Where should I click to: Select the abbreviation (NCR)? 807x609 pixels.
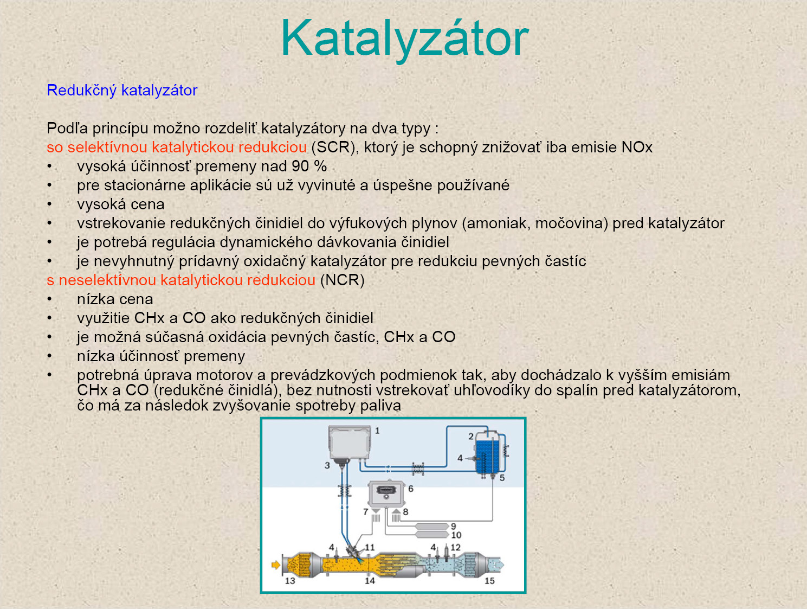tap(343, 280)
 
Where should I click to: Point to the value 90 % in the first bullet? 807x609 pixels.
tap(309, 166)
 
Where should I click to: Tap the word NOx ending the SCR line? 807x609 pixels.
tap(637, 147)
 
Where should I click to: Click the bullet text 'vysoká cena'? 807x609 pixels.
tap(121, 204)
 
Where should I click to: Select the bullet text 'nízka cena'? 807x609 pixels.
tap(115, 299)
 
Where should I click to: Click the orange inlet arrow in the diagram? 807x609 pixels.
tap(276, 565)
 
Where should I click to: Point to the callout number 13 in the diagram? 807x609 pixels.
tap(290, 581)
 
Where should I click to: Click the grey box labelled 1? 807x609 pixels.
tap(349, 443)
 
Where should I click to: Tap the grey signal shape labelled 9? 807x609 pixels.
tap(431, 526)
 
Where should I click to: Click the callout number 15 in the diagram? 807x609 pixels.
tap(489, 581)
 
